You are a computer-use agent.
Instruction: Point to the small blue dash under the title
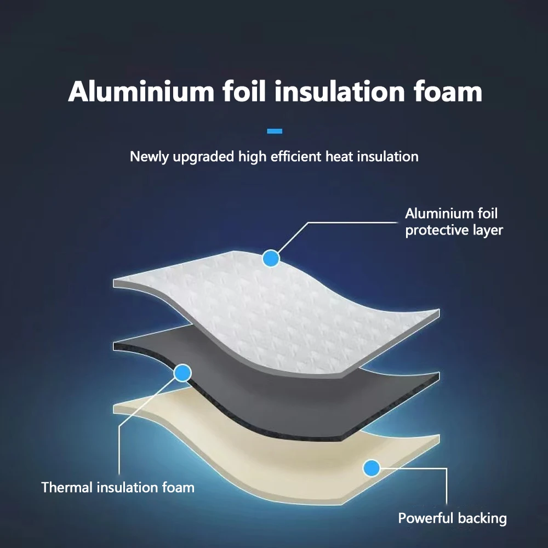[x=274, y=131]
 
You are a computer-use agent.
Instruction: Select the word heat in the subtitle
[x=339, y=157]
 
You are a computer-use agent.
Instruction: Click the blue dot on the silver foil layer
[x=271, y=258]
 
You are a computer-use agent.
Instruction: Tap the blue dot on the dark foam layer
[x=182, y=374]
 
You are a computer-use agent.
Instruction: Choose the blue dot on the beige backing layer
[x=372, y=467]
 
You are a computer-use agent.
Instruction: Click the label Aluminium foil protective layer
[x=453, y=222]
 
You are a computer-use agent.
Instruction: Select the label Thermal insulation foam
[x=118, y=487]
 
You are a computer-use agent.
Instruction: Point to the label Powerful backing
[x=452, y=518]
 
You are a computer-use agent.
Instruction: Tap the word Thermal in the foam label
[x=67, y=487]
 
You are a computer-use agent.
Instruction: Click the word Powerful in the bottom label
[x=426, y=518]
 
